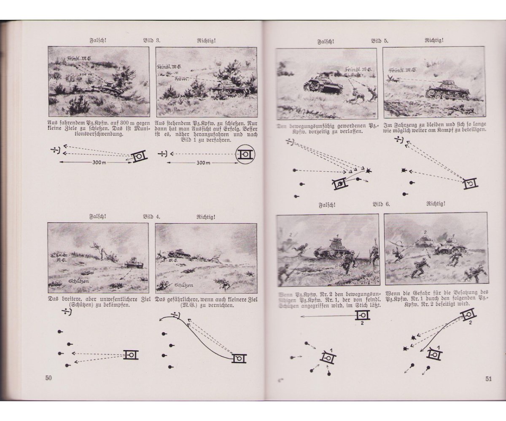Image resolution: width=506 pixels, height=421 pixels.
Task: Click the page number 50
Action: [x=48, y=378]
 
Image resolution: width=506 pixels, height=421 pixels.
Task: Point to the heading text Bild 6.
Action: [x=382, y=204]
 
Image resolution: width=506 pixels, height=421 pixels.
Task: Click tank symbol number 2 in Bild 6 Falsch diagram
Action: [x=362, y=314]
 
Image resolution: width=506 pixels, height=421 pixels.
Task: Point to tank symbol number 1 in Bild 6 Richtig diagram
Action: [x=436, y=354]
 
